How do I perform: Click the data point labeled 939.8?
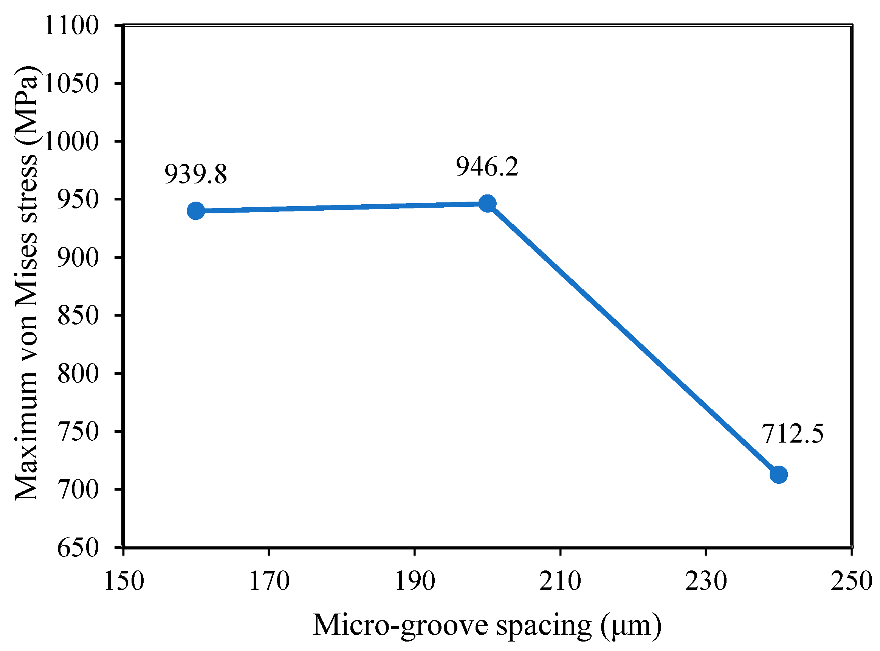click(x=196, y=211)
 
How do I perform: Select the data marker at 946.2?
click(x=488, y=204)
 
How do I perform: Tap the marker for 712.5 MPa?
click(x=778, y=474)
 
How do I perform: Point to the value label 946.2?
click(x=488, y=166)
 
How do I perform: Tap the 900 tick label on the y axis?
click(x=77, y=258)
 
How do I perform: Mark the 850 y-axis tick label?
click(x=77, y=316)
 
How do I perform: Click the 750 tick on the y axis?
click(x=77, y=432)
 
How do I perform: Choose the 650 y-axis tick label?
click(x=77, y=548)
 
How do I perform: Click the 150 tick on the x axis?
click(x=124, y=581)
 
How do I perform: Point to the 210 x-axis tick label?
click(x=560, y=581)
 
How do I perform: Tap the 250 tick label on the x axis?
click(x=851, y=581)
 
